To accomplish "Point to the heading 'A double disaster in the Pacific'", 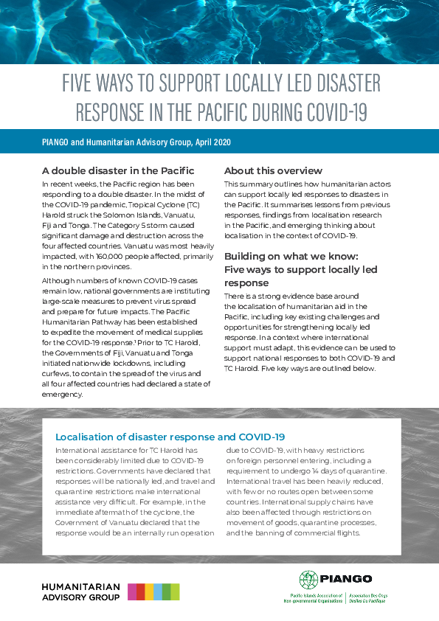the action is [118, 170].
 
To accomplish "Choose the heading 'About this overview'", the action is [273, 170].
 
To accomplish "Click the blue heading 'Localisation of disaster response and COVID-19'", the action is [170, 437].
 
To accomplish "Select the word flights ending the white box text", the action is [344, 532].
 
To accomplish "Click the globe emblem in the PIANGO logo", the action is [308, 580].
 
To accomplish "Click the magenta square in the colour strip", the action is [131, 591].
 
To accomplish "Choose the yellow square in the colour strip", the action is [149, 591].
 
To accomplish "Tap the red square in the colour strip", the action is [140, 591].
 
